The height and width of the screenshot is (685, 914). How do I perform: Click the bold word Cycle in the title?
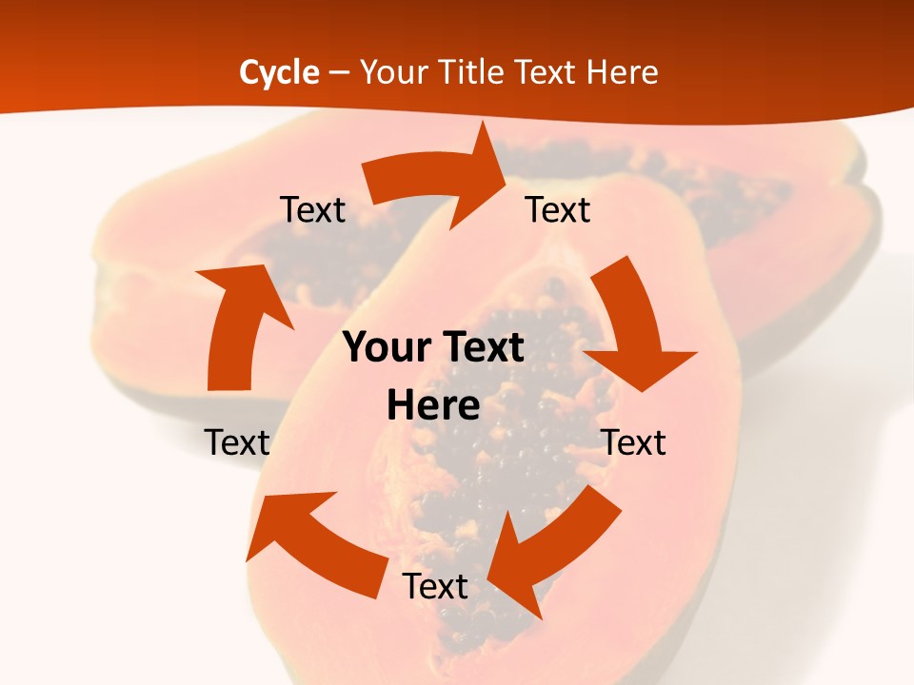click(279, 72)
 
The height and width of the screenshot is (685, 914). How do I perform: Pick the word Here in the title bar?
click(622, 72)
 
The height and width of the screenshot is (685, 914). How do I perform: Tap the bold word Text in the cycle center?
click(482, 348)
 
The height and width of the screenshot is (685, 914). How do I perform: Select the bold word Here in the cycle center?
click(433, 406)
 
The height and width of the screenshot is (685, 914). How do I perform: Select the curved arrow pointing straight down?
click(633, 323)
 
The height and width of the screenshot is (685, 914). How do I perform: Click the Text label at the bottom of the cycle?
click(435, 586)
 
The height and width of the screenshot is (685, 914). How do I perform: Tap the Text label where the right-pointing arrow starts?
click(312, 210)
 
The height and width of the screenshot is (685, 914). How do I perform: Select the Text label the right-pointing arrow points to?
click(558, 210)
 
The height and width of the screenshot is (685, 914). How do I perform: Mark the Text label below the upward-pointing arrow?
click(237, 442)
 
